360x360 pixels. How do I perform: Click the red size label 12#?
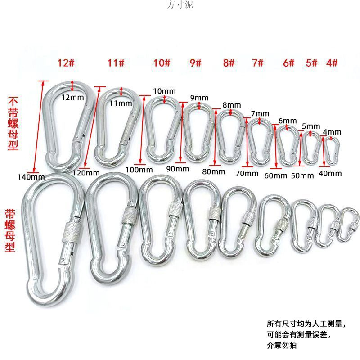pos(66,63)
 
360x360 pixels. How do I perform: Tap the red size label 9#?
pos(195,63)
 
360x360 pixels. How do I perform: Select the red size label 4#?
pos(332,63)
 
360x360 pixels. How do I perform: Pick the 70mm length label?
pos(247,173)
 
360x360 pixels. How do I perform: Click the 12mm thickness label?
pos(72,97)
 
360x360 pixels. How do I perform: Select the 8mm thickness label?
pos(231,105)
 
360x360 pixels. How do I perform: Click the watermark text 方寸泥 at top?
pos(180,5)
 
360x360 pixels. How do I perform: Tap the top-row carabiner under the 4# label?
pos(332,150)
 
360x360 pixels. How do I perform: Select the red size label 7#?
pos(257,63)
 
